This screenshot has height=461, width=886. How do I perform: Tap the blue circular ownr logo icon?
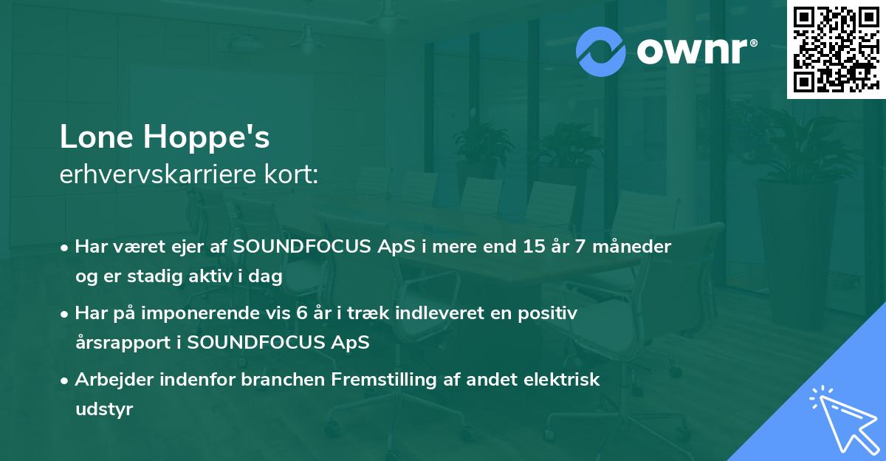(x=601, y=51)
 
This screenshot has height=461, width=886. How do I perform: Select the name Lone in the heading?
(x=99, y=137)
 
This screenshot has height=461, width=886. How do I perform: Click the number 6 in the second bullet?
(x=301, y=313)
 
